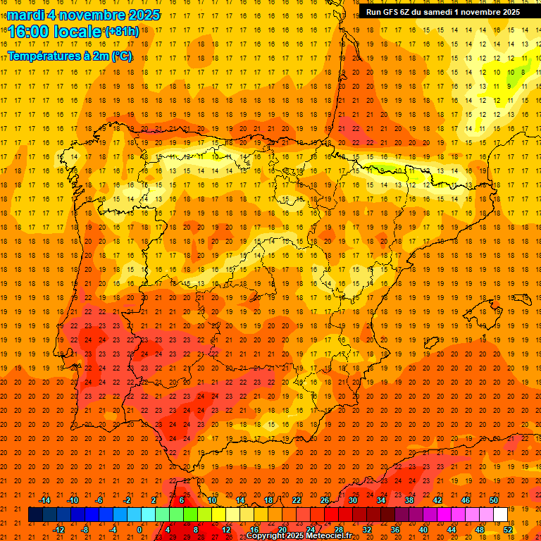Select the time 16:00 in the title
(x=32, y=31)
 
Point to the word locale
(x=80, y=31)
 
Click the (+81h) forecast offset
(x=122, y=32)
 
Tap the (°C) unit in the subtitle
(x=120, y=56)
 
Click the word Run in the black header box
(x=374, y=12)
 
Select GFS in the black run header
(x=393, y=12)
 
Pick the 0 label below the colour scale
(x=139, y=529)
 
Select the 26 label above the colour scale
(x=325, y=500)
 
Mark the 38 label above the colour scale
(x=409, y=500)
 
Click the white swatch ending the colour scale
(x=500, y=515)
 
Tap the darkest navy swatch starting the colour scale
(x=35, y=515)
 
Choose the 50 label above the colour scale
(x=494, y=500)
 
